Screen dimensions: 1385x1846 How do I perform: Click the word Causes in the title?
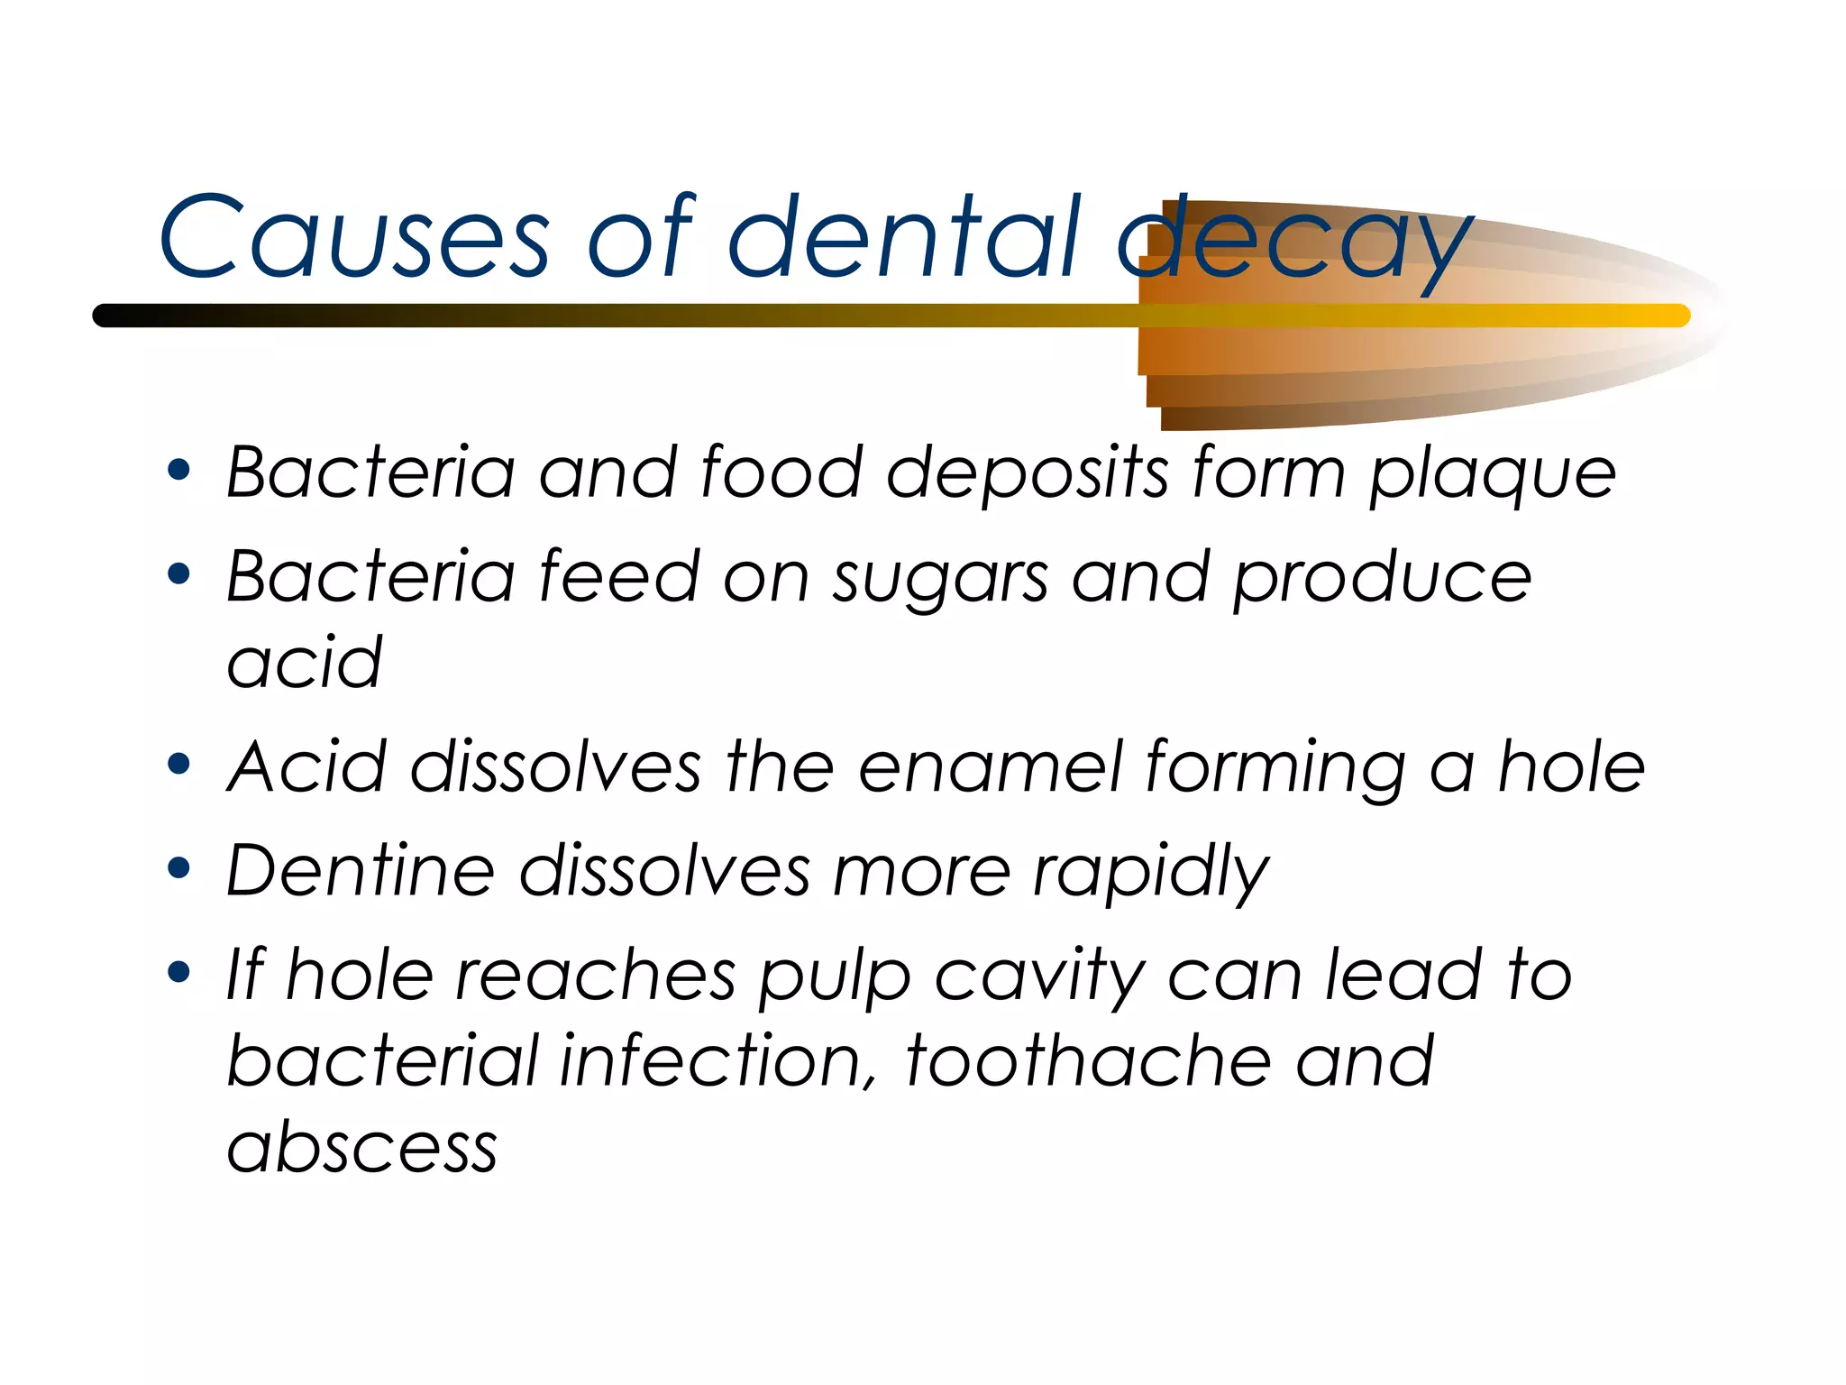pyautogui.click(x=353, y=236)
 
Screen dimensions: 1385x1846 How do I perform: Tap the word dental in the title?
pyautogui.click(x=904, y=236)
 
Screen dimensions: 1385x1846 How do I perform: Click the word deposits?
pyautogui.click(x=1028, y=474)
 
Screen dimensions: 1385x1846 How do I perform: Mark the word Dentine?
pyautogui.click(x=361, y=871)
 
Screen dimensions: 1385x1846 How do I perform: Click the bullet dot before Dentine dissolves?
pyautogui.click(x=179, y=868)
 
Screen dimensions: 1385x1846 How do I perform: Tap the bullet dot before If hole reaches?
pyautogui.click(x=179, y=972)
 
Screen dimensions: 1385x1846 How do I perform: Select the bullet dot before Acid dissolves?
pyautogui.click(x=179, y=765)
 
